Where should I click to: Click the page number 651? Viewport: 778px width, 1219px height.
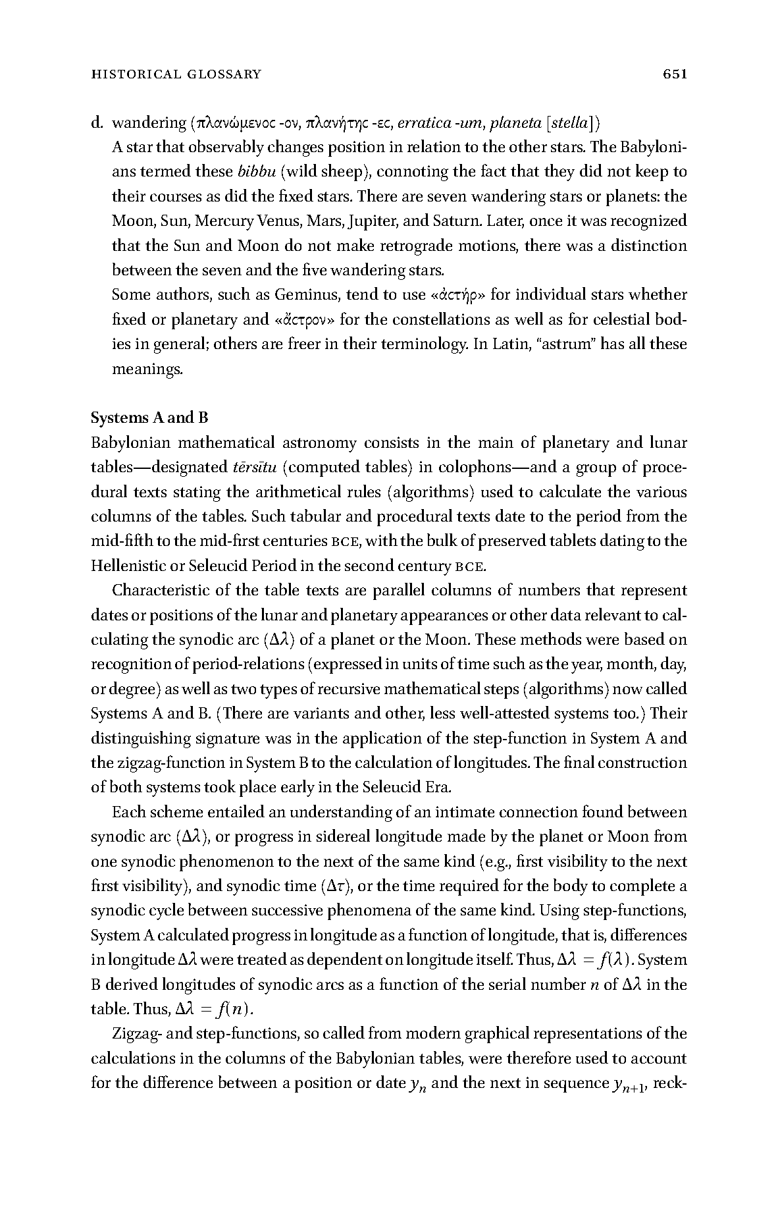tap(675, 74)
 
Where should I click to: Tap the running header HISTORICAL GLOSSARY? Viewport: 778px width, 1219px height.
tap(176, 74)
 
